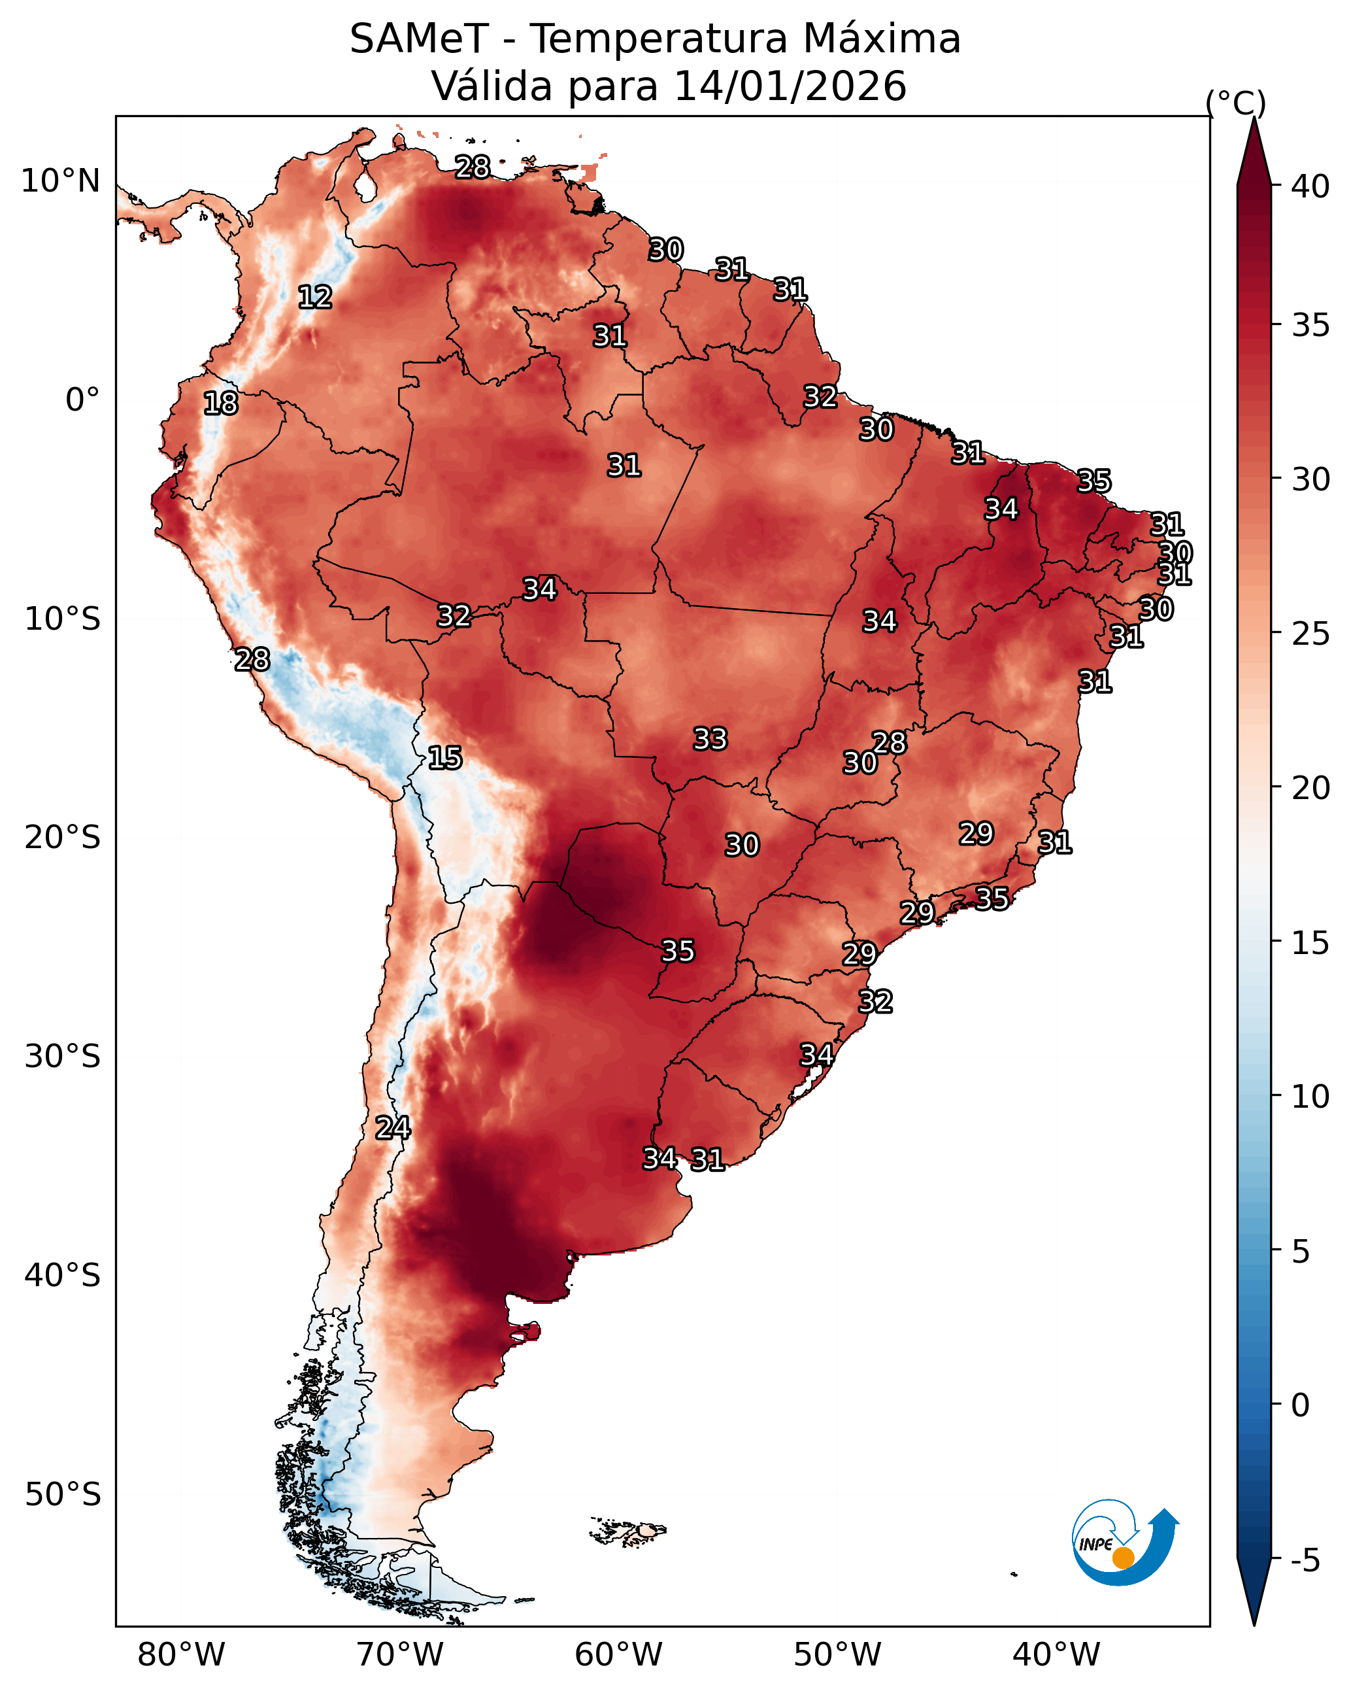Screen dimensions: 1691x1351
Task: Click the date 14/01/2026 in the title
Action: point(790,86)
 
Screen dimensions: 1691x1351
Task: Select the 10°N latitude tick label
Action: point(60,181)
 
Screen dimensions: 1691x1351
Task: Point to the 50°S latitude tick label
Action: point(63,1494)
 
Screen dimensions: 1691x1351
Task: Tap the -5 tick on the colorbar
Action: point(1305,1561)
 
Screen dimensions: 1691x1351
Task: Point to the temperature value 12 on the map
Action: point(315,298)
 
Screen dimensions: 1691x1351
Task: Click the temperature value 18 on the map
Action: point(220,403)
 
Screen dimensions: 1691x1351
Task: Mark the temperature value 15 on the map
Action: point(444,758)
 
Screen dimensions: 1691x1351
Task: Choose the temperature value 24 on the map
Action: point(392,1128)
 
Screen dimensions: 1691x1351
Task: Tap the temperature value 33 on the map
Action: point(710,739)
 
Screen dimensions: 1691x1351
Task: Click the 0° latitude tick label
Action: point(82,400)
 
